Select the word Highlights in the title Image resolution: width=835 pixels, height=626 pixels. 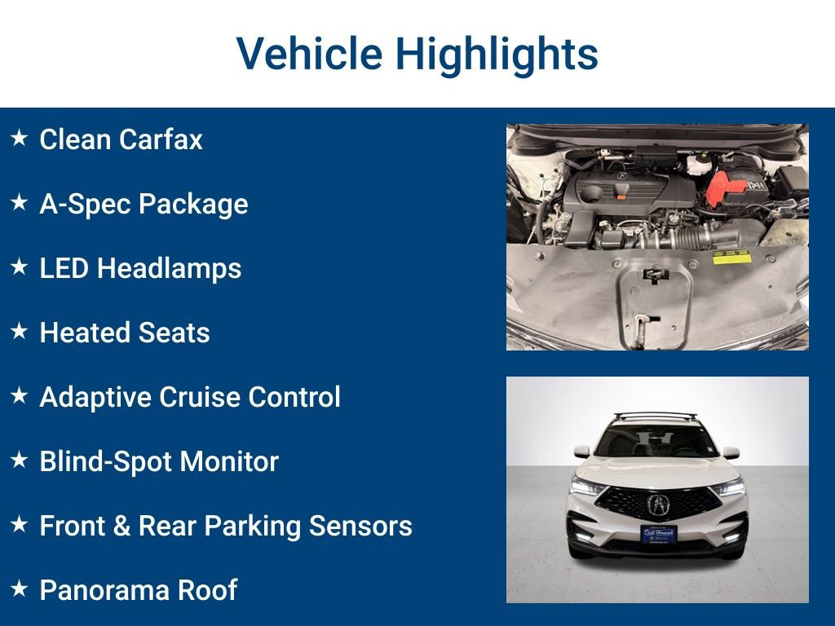point(497,55)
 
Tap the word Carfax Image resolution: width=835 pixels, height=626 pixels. point(161,139)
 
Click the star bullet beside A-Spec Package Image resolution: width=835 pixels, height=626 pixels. point(20,203)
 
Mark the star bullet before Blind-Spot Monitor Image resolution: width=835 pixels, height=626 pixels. point(20,461)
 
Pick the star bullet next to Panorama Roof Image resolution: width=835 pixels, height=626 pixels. point(20,589)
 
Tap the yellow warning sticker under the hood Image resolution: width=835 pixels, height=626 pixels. point(730,258)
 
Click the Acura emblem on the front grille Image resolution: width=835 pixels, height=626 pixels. point(657,505)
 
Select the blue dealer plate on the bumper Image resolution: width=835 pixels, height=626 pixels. point(658,534)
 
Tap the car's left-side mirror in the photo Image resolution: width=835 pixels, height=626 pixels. point(581,452)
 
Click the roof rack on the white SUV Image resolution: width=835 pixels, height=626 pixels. point(656,417)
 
